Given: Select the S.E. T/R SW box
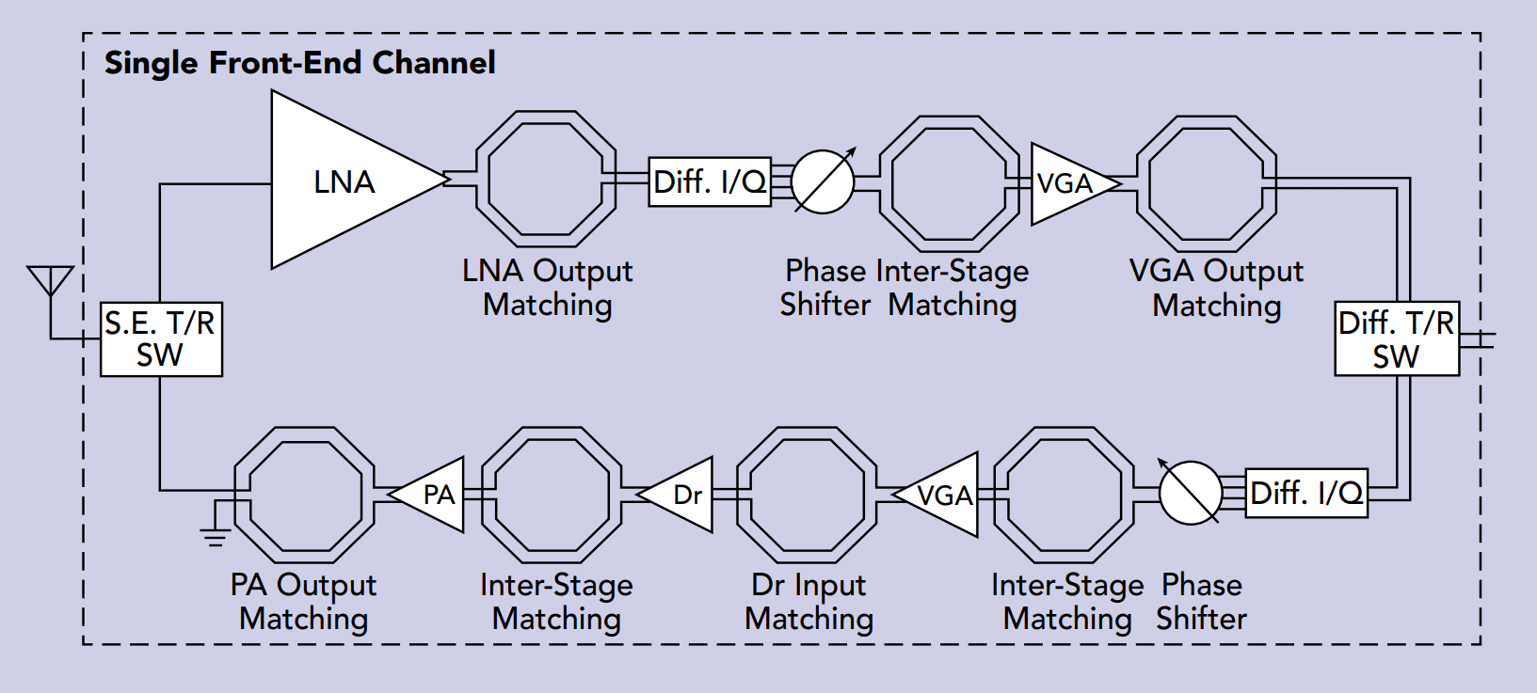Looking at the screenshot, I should point(161,339).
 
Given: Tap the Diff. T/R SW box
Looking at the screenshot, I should point(1397,339).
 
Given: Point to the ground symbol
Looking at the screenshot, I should point(216,534).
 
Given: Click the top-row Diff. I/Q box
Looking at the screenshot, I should point(710,181).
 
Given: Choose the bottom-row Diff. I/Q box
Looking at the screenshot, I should point(1306,493).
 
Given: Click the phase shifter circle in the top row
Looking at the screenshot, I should point(823,181).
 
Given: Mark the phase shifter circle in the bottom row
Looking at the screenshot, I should point(1191,493).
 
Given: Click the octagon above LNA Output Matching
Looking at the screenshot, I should point(546,180).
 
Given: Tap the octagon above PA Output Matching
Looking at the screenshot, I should point(304,495).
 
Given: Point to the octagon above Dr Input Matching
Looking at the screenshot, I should point(808,495).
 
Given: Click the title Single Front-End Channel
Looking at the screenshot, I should point(299,63).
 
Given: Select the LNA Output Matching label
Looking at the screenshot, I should point(547,288).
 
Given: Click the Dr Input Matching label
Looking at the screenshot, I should point(809,602).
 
